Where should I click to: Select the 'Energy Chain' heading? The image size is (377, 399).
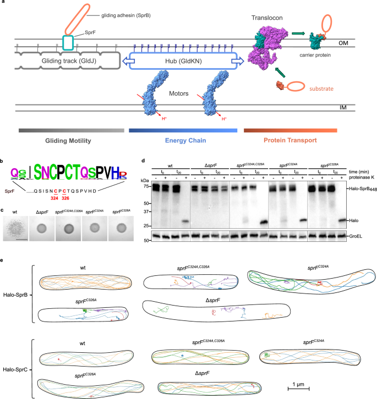pos(182,140)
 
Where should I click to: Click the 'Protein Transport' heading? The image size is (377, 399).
pos(289,140)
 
